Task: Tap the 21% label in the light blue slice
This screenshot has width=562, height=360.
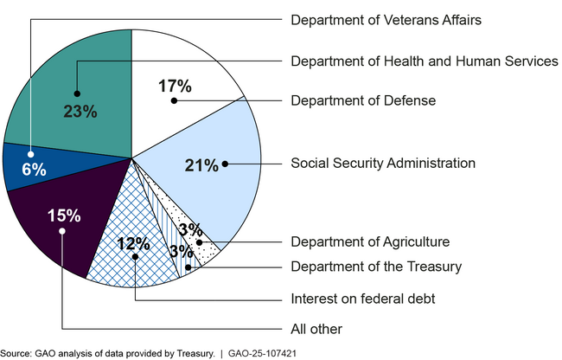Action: pyautogui.click(x=201, y=165)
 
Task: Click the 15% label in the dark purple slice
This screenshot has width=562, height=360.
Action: pyautogui.click(x=63, y=215)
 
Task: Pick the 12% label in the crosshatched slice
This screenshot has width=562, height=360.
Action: pyautogui.click(x=134, y=243)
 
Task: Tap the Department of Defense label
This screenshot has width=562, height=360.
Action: pyautogui.click(x=363, y=101)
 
